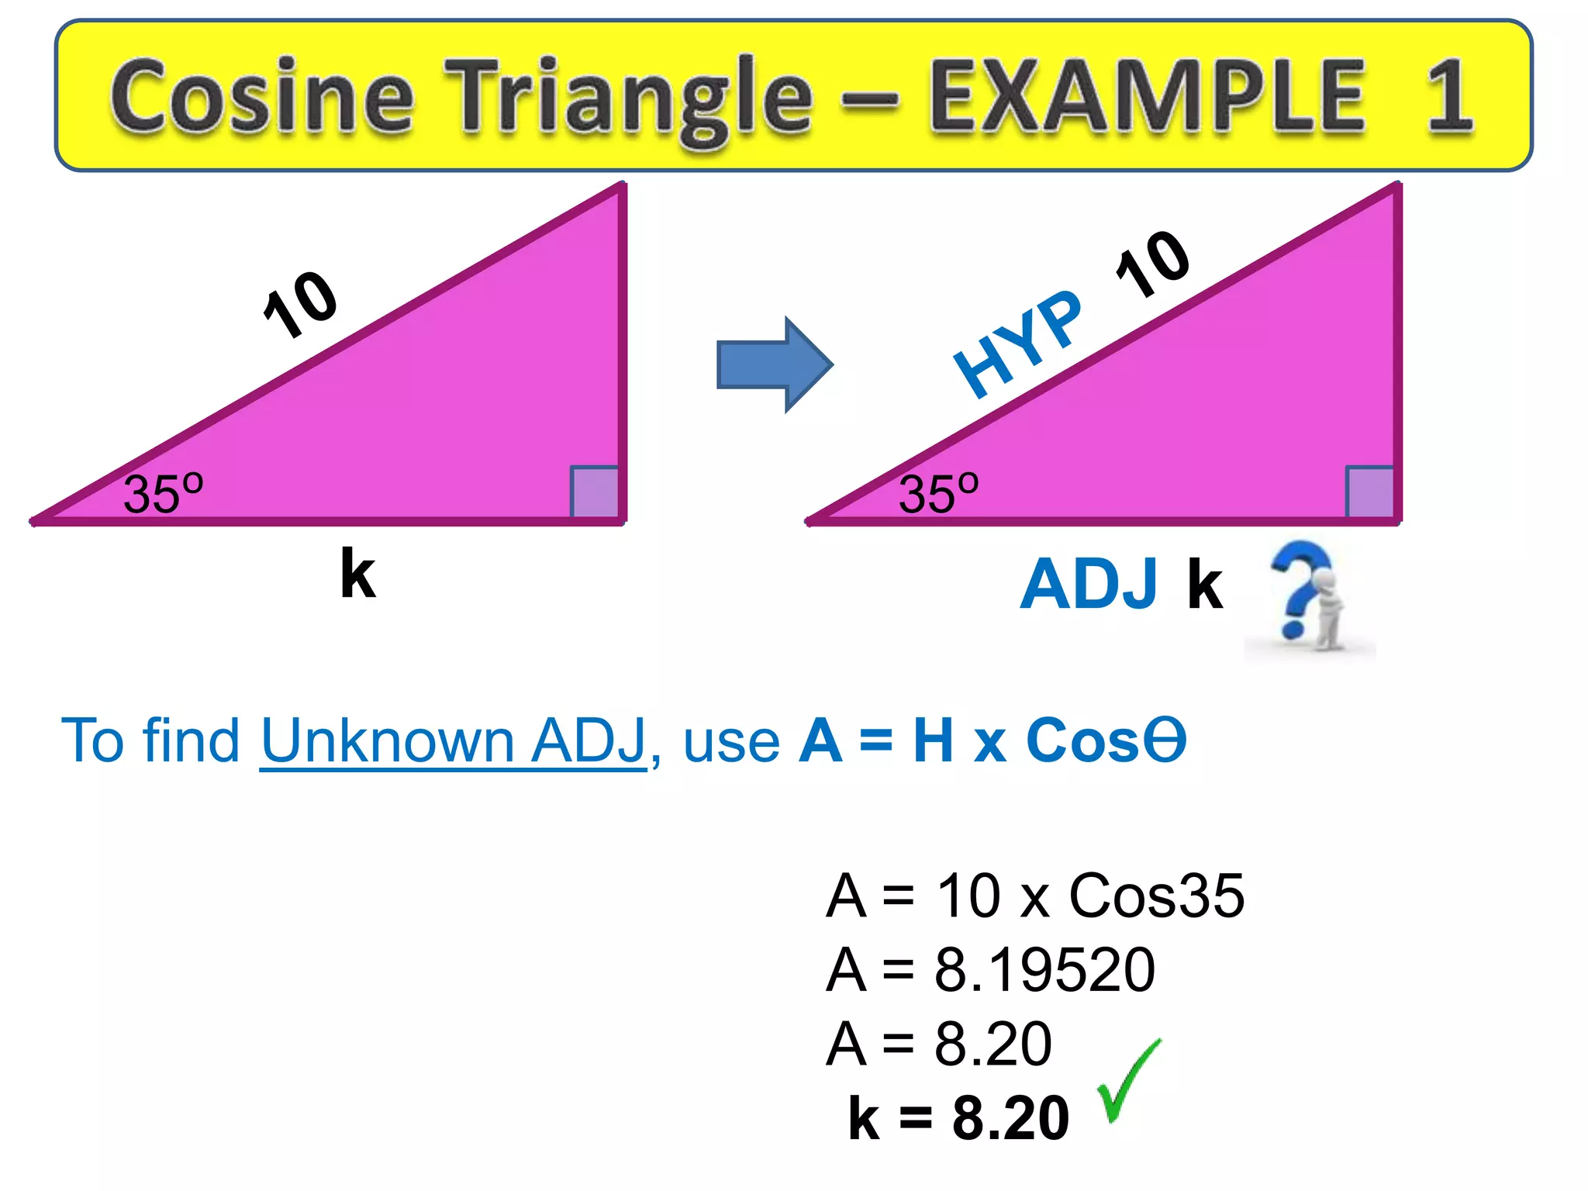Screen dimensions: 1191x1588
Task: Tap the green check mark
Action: tap(1128, 1082)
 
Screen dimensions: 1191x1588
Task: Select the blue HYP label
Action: tap(1017, 345)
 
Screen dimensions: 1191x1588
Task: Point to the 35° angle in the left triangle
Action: tap(163, 493)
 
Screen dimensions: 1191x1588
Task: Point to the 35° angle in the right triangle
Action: tap(938, 493)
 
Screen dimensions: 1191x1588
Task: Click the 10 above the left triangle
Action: tap(300, 305)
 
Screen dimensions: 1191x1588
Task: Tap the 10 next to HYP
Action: tap(1153, 264)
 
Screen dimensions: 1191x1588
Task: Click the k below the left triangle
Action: tap(357, 574)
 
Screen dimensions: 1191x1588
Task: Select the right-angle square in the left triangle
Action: tap(595, 492)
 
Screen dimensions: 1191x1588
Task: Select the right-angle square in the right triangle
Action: tap(1370, 492)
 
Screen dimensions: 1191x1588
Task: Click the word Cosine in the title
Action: tap(261, 97)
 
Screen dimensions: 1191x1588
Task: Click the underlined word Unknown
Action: tap(387, 740)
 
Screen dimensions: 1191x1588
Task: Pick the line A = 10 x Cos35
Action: tap(1035, 896)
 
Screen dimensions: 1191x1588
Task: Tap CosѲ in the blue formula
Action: tap(1106, 740)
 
